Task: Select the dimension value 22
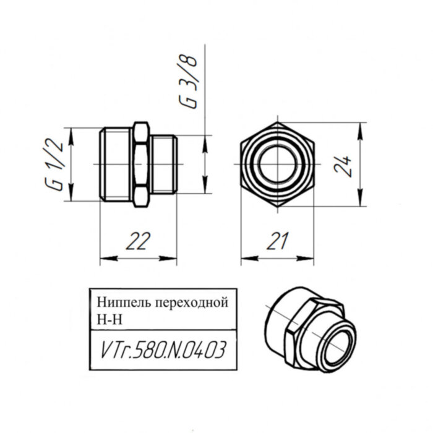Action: tap(139, 242)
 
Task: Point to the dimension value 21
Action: tap(278, 242)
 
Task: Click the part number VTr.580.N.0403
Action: tap(161, 351)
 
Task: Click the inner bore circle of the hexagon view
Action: tap(278, 165)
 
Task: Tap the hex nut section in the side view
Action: tap(140, 165)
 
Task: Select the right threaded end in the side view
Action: tap(164, 165)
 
